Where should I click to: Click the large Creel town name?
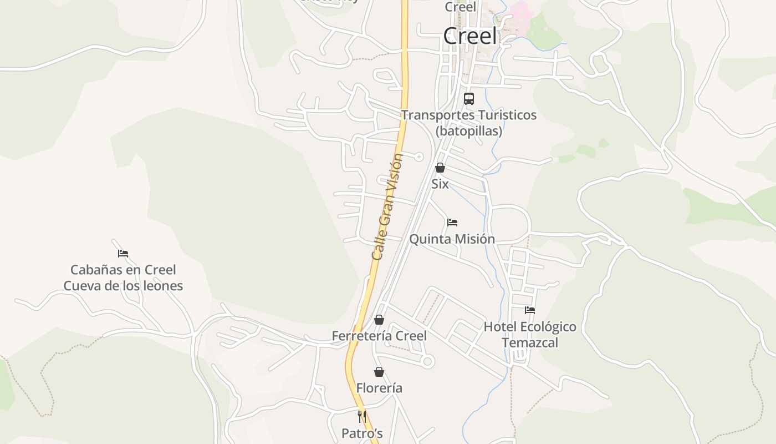click(x=470, y=37)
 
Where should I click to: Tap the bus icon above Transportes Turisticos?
click(x=469, y=99)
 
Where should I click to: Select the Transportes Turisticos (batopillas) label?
click(x=469, y=123)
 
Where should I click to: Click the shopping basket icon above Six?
click(x=440, y=168)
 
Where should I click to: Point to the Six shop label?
click(x=440, y=184)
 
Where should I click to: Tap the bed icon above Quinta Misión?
click(x=452, y=223)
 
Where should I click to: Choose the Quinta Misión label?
click(x=452, y=239)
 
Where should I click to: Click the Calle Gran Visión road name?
click(x=387, y=206)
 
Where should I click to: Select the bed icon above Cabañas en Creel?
click(x=123, y=254)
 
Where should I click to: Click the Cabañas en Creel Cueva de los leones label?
click(x=123, y=278)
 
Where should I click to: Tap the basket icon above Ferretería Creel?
click(x=379, y=320)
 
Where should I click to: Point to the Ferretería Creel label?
click(x=379, y=336)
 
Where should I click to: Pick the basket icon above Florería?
click(x=379, y=372)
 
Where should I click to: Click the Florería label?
click(x=379, y=389)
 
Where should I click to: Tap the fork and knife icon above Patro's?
click(x=362, y=417)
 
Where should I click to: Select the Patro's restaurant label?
click(x=362, y=433)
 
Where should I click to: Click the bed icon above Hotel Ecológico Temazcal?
click(x=530, y=310)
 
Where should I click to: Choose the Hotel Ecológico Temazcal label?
click(x=530, y=335)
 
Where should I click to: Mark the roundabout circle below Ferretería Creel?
click(x=427, y=362)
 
